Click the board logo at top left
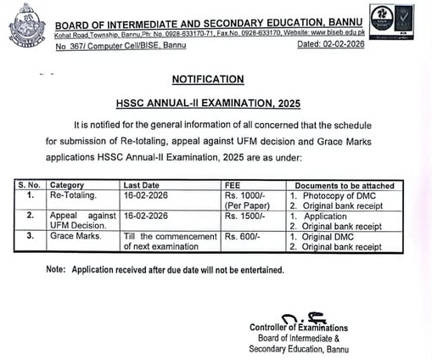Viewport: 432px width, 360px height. point(26,25)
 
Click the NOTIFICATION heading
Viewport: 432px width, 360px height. point(208,79)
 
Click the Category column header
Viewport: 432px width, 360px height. point(67,183)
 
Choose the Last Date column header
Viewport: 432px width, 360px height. point(142,183)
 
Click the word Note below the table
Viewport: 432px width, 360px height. point(56,269)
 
